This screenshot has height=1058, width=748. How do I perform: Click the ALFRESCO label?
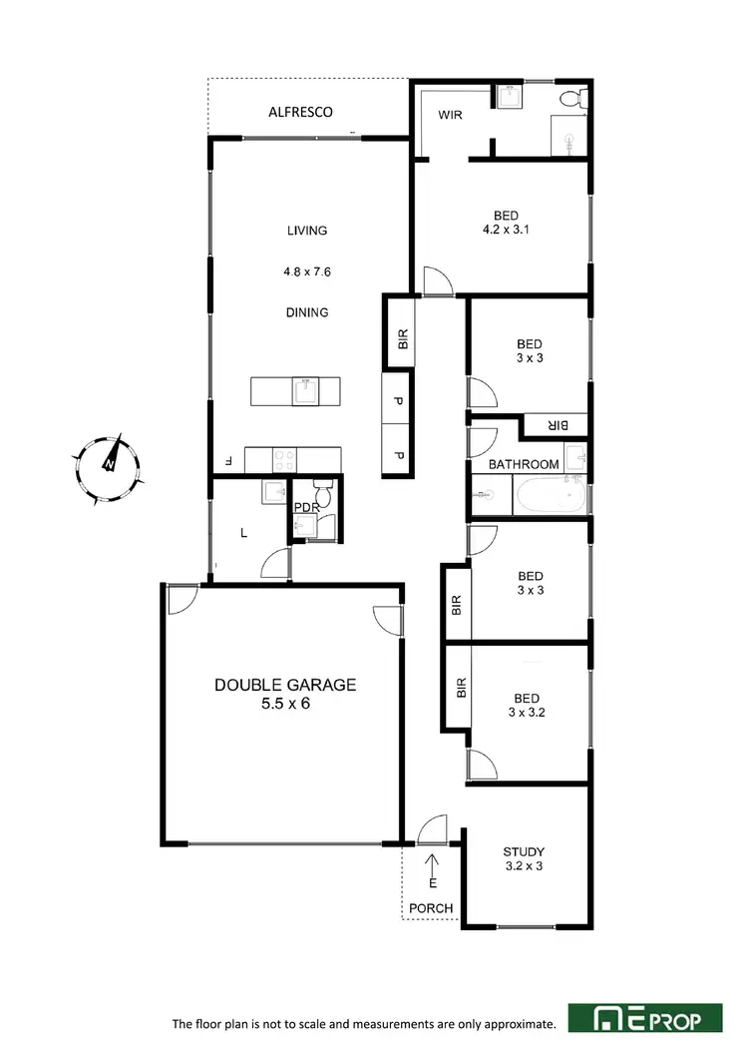coord(300,112)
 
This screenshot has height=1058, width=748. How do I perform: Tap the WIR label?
coord(451,115)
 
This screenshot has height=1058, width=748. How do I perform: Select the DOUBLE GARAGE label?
coord(285,685)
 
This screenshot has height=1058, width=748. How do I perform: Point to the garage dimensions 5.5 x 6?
coord(285,703)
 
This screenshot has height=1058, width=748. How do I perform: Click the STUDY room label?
coord(524,851)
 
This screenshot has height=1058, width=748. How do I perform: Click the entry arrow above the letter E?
coord(432,861)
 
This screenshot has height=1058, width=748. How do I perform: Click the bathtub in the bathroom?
coord(549,494)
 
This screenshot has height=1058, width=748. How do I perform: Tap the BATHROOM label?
coord(524,464)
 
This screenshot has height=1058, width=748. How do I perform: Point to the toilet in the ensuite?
coord(569,99)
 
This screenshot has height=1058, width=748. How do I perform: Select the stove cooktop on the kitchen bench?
coord(284,460)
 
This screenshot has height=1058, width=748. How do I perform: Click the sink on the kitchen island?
coord(305,391)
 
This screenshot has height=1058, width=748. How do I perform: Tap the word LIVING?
coord(307,231)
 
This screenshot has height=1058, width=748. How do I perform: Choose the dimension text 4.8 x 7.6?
coord(307,269)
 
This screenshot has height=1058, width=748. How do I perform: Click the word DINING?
coord(307,312)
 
